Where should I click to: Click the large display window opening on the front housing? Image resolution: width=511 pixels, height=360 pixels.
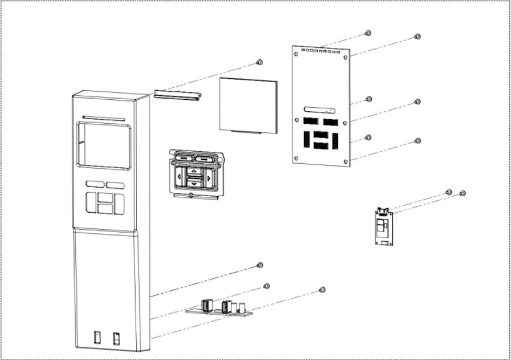(x=103, y=146)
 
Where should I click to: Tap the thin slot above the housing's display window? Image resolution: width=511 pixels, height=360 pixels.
(x=103, y=118)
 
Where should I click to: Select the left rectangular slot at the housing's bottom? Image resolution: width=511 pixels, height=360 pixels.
(x=97, y=337)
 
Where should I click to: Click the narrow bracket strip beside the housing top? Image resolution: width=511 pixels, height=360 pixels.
(x=176, y=95)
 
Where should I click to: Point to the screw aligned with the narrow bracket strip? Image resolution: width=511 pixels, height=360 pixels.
(x=259, y=62)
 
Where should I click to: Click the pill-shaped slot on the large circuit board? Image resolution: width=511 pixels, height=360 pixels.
(x=320, y=110)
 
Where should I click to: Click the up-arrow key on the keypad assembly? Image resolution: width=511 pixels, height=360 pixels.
(x=195, y=170)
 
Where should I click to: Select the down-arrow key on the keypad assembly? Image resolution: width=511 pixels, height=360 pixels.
(x=195, y=185)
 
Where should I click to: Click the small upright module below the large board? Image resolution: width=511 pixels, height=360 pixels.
(x=382, y=226)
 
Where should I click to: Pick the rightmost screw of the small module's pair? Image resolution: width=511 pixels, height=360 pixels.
(x=462, y=193)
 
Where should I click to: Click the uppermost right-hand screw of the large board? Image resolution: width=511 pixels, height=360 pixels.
(x=417, y=36)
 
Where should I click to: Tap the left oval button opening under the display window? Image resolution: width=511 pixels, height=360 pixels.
(x=94, y=185)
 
